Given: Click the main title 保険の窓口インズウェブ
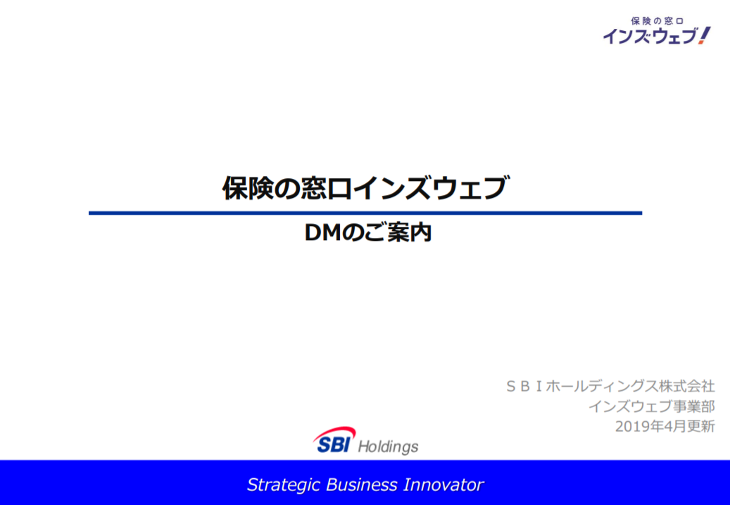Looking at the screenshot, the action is (x=365, y=188).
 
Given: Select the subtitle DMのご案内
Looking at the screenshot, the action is (x=367, y=232).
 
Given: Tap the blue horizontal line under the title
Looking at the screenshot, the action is (x=365, y=213).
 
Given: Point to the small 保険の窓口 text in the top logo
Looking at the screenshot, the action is (x=657, y=21).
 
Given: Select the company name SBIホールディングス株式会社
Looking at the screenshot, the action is (x=610, y=386).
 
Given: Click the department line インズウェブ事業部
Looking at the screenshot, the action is (x=652, y=406).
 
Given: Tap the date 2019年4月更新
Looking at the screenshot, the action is (x=665, y=426).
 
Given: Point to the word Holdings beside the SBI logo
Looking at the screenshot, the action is (x=388, y=447).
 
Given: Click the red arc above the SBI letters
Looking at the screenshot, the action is (x=334, y=432).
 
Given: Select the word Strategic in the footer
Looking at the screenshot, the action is (x=284, y=485).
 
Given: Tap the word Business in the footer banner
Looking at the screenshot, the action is (x=362, y=485).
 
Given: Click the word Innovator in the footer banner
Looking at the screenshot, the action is (x=443, y=485).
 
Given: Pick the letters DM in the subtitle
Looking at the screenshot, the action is (x=323, y=233).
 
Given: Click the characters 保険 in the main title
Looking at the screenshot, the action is (x=248, y=188).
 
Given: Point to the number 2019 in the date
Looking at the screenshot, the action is (x=630, y=426).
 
